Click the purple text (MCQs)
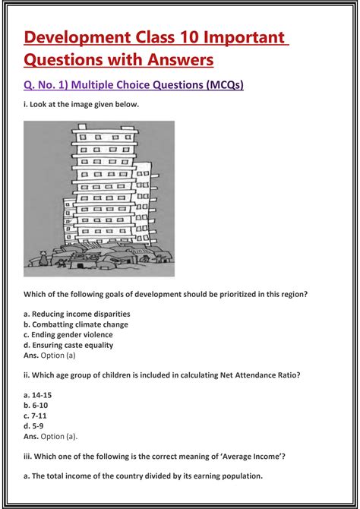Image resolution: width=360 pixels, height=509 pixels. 225,86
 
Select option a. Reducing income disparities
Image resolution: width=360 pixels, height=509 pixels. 76,314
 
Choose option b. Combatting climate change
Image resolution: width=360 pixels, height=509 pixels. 74,324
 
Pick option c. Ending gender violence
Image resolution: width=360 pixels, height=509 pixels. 68,334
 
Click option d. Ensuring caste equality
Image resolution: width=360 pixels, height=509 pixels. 68,345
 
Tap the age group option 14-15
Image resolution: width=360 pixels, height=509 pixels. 37,396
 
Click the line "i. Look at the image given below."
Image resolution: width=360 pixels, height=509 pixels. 81,105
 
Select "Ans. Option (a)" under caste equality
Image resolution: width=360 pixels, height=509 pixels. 49,355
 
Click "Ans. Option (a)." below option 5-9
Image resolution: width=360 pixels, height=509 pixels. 50,437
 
